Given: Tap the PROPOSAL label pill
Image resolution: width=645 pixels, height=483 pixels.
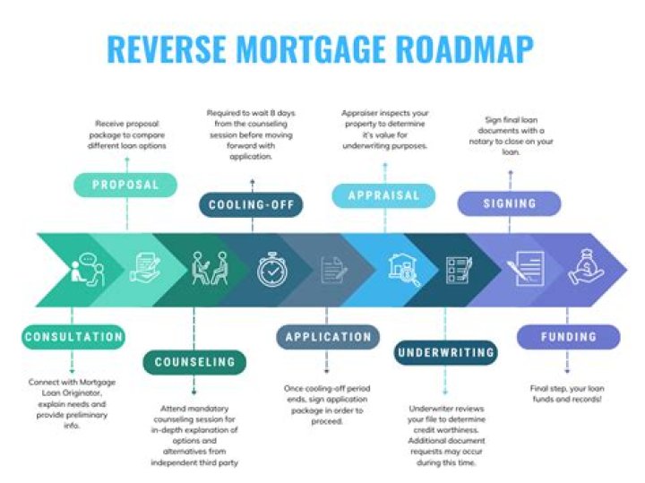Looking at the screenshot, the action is [125, 185].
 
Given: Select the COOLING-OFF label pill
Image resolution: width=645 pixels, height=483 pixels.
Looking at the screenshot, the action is [252, 204].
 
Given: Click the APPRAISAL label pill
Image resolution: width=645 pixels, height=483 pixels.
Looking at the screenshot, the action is [383, 195].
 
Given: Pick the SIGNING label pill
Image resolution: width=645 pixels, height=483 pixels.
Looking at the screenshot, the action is [510, 203].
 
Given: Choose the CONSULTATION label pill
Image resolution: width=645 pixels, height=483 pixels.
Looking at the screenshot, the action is [73, 337].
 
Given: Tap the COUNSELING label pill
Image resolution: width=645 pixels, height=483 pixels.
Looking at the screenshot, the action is [194, 362].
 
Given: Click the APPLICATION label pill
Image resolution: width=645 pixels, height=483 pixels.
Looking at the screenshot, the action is [328, 337].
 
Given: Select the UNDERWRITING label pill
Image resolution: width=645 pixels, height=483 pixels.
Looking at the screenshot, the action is [445, 352].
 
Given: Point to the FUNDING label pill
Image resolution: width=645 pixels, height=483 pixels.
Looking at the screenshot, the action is [569, 337].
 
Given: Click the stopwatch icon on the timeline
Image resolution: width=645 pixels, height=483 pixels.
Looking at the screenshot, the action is [271, 270].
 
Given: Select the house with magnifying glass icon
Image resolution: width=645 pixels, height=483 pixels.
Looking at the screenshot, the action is [404, 270].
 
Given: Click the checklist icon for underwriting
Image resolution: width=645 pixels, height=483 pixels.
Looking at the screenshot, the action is [459, 270].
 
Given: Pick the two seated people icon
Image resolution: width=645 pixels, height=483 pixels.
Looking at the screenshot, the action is [211, 268].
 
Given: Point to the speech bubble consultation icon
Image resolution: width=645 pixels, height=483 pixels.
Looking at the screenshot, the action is [88, 270].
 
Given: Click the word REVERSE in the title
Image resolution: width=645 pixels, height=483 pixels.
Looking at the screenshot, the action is [167, 48].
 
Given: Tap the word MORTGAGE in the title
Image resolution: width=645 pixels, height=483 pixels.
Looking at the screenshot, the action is [311, 48].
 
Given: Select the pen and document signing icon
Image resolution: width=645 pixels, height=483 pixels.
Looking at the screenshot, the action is [526, 269].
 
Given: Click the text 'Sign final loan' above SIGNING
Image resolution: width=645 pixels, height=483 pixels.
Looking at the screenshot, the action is [511, 120].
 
